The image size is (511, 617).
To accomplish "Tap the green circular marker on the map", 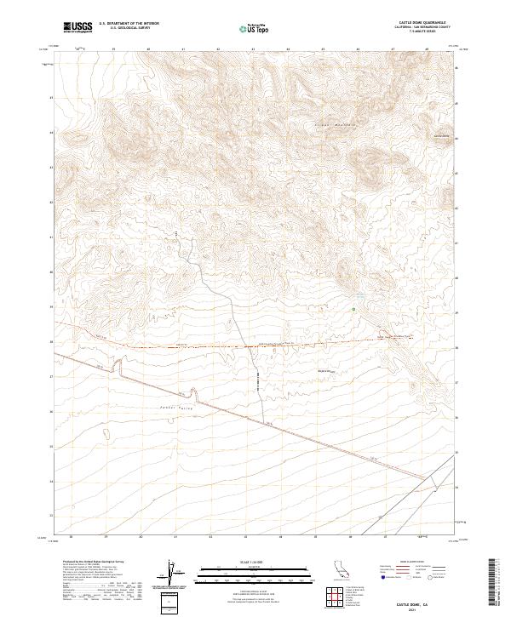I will (353, 308).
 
